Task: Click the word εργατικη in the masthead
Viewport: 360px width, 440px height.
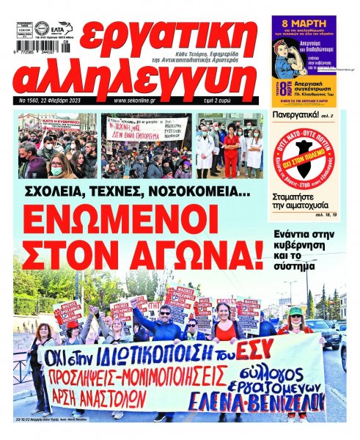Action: (172, 36)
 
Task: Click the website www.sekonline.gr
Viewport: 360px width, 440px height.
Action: (142, 99)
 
